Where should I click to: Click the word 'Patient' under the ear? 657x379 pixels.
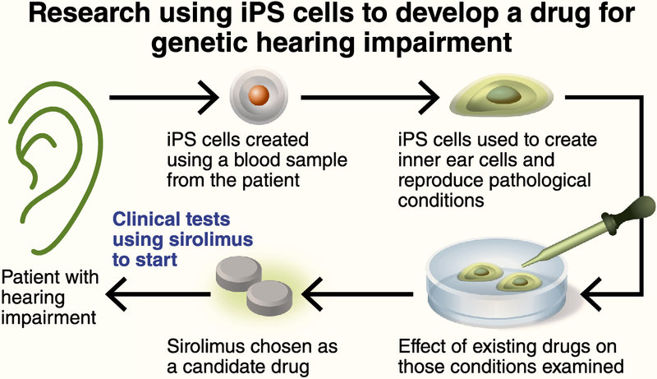[28, 278]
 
